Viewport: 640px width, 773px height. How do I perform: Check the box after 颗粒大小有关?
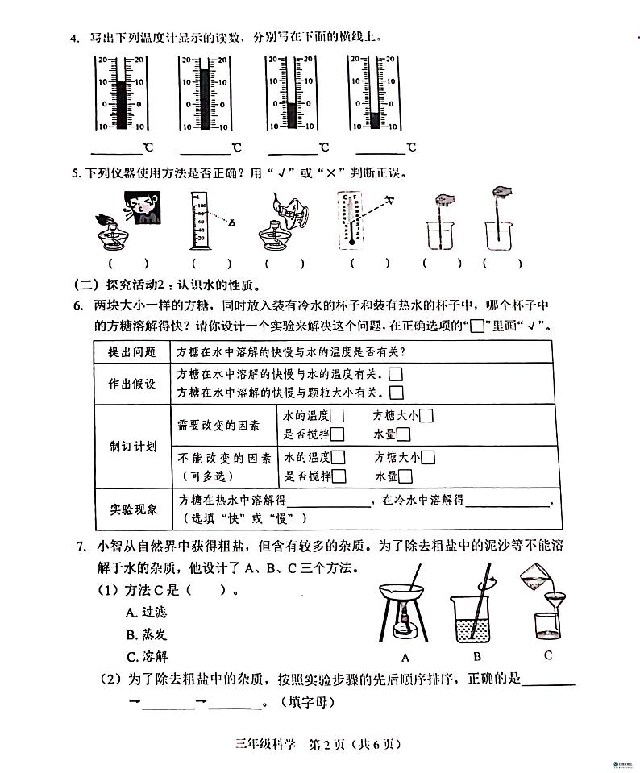pyautogui.click(x=396, y=393)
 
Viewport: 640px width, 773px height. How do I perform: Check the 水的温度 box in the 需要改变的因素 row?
pyautogui.click(x=338, y=416)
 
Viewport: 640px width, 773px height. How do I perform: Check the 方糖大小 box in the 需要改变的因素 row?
pyautogui.click(x=426, y=416)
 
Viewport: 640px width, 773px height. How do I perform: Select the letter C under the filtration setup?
pyautogui.click(x=547, y=655)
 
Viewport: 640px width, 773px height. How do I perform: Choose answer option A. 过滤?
pyautogui.click(x=146, y=612)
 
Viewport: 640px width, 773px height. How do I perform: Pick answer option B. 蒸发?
pyautogui.click(x=146, y=634)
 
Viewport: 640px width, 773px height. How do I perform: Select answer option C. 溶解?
pyautogui.click(x=146, y=656)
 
